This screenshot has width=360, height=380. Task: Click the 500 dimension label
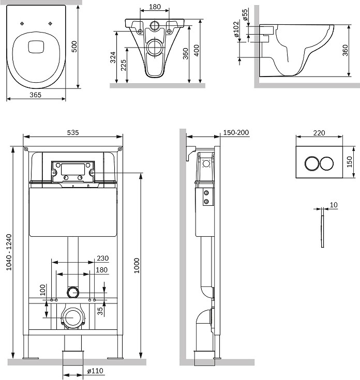[x=74, y=47]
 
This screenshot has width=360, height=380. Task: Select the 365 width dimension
[x=35, y=95]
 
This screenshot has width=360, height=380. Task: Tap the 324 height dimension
[x=113, y=57]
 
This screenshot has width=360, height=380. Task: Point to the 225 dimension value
[x=124, y=65]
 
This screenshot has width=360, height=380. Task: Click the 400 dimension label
[x=197, y=51]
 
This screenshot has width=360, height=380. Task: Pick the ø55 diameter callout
[x=245, y=15]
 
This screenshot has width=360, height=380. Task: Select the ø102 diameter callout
[x=236, y=29]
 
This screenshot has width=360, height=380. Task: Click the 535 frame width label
[x=73, y=132]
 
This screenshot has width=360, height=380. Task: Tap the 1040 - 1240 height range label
[x=9, y=252]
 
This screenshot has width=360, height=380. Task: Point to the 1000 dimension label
[x=137, y=266]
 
